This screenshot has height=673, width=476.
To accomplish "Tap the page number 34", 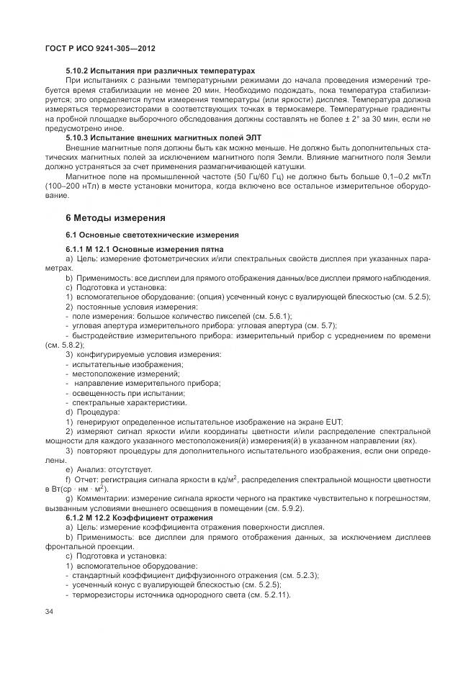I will tap(50, 611).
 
